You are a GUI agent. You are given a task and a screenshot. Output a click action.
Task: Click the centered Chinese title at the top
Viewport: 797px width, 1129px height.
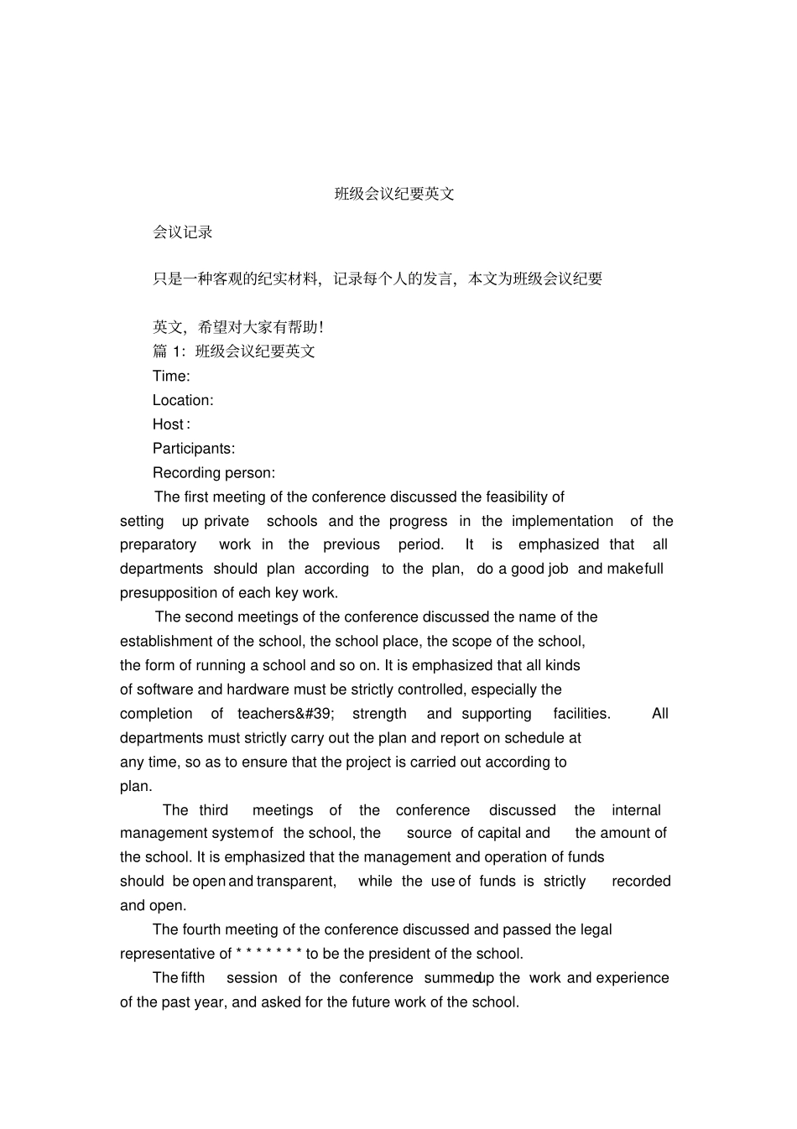(394, 194)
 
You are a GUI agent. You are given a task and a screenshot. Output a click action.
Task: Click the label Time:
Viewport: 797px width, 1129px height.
(171, 377)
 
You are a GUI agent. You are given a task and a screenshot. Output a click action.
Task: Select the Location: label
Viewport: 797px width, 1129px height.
(183, 401)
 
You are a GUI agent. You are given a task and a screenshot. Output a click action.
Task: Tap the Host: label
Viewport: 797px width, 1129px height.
(171, 424)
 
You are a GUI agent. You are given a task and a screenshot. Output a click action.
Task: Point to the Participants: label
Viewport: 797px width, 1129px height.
(194, 449)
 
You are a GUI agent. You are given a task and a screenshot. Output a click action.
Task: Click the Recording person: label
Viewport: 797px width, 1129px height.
(214, 473)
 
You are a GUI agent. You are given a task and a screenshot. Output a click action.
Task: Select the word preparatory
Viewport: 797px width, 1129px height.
(158, 545)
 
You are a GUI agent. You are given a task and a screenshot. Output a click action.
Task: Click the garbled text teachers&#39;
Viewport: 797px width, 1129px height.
(286, 714)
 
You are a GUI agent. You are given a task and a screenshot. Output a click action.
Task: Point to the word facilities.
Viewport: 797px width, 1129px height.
(581, 714)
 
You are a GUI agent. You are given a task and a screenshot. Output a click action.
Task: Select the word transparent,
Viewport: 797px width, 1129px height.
(296, 882)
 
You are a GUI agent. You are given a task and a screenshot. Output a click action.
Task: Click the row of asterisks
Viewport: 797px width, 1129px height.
(268, 955)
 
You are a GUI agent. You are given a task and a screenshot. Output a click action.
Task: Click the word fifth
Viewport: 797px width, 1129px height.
(193, 978)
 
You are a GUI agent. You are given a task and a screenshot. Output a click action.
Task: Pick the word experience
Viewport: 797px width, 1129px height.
(633, 978)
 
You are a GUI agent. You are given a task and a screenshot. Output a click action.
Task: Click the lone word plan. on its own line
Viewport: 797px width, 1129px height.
(136, 787)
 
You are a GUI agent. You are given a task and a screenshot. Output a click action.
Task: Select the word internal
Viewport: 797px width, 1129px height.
(636, 810)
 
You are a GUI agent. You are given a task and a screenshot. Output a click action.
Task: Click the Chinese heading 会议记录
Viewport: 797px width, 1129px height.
(183, 232)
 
